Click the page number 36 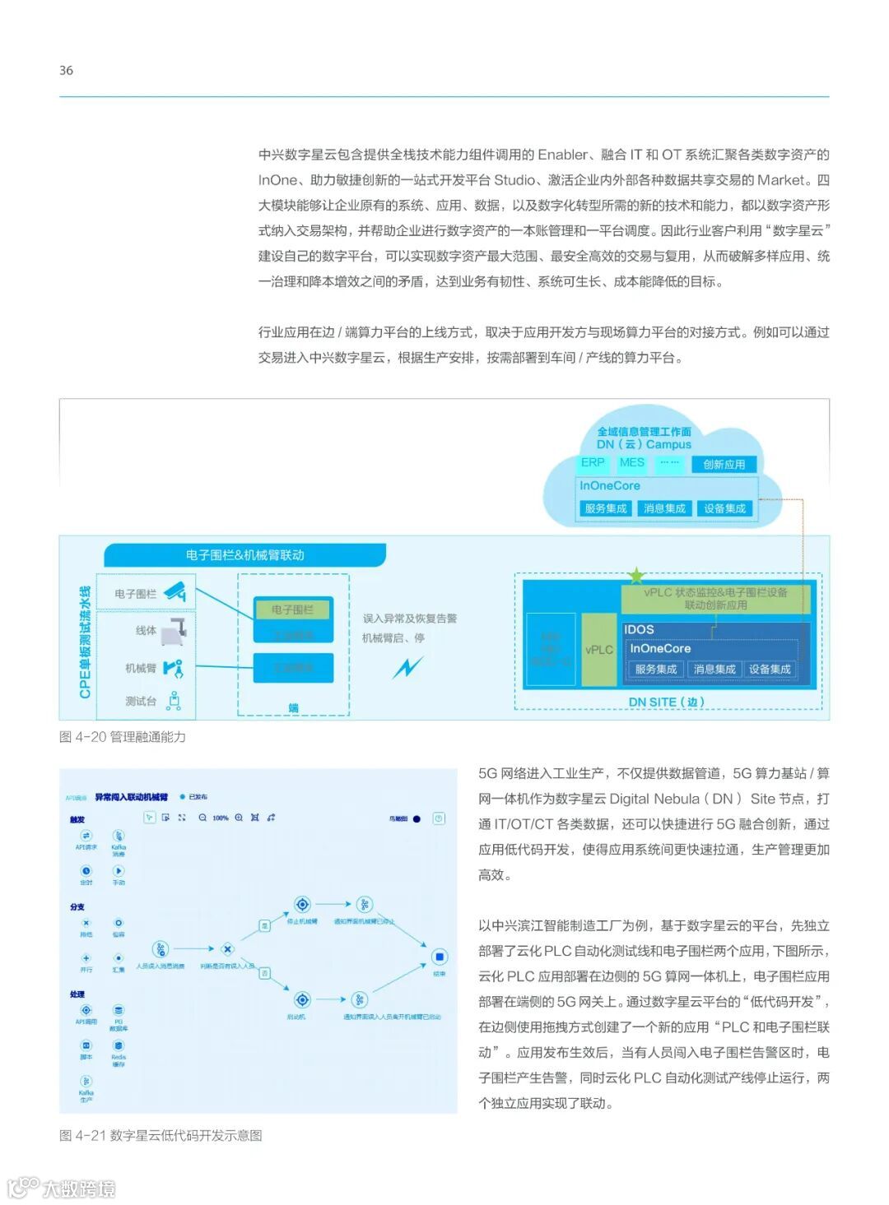coord(66,71)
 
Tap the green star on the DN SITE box coord(635,576)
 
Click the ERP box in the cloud coord(593,463)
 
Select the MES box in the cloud coord(631,463)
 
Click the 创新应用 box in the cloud coord(724,464)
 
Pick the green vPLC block coord(598,650)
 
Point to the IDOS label coord(639,629)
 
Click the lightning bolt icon coord(407,666)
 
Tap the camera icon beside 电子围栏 coord(175,591)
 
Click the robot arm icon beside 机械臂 coord(174,668)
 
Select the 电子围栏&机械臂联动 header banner coord(244,555)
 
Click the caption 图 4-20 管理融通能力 coord(123,737)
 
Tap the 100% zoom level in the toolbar coord(221,818)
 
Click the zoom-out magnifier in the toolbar coord(202,818)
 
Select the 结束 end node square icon coord(440,957)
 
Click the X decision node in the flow coord(227,949)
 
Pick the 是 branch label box coord(265,925)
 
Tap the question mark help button coord(440,818)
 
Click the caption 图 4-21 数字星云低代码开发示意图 coord(161,1136)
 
